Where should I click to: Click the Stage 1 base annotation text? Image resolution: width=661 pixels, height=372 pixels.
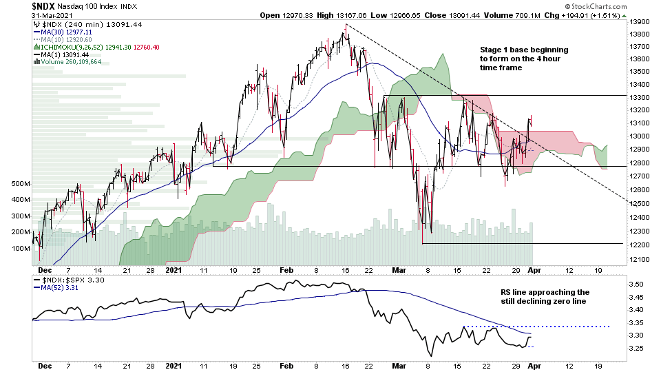coord(525,59)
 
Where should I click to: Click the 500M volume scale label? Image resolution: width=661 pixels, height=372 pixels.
coord(20,184)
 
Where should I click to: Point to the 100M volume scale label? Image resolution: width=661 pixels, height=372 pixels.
coord(20,248)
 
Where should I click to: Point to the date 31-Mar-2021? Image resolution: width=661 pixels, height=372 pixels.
coord(56,15)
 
